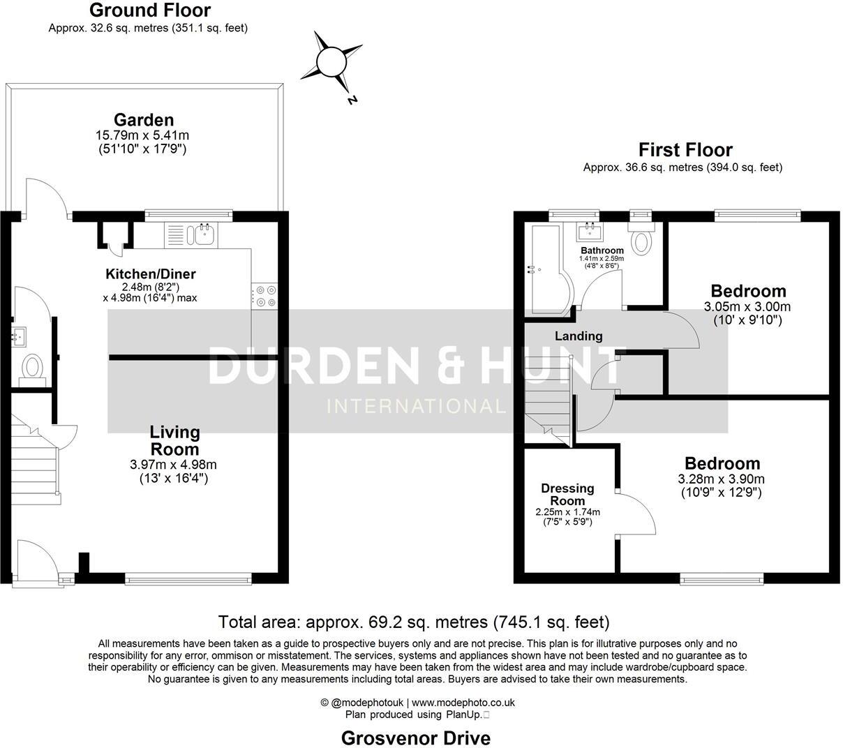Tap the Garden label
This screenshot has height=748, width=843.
144,119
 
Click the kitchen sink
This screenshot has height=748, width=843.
204,234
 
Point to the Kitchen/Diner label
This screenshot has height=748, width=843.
150,274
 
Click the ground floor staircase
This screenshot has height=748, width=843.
33,461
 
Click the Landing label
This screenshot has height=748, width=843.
579,336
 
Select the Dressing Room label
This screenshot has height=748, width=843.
567,494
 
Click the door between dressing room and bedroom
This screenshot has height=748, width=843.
634,515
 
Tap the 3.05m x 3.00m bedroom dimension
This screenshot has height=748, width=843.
748,306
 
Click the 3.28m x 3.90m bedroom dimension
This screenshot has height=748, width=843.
722,479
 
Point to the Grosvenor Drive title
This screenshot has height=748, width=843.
415,738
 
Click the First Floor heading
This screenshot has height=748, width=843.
685,149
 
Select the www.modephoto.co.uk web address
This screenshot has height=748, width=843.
463,703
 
